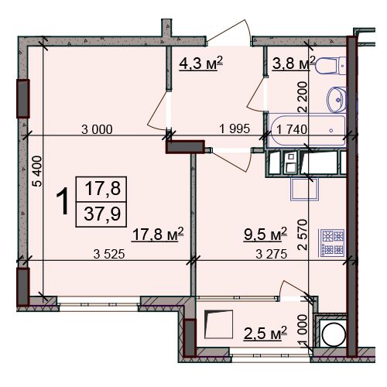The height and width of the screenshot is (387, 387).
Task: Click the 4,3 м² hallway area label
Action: tap(201, 64)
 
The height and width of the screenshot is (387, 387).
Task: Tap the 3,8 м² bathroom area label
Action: tap(294, 63)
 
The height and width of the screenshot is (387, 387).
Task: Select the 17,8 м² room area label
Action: tap(158, 235)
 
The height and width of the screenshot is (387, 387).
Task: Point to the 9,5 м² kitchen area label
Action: tap(265, 234)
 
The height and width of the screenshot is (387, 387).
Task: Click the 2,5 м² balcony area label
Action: tap(265, 333)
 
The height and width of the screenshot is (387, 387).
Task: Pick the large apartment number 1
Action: tap(63, 201)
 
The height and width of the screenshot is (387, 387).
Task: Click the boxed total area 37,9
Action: tap(102, 214)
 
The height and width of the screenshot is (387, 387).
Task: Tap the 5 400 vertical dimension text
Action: tap(37, 171)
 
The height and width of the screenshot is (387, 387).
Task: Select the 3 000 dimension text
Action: tap(97, 129)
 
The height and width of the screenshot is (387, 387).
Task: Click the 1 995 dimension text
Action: tap(235, 128)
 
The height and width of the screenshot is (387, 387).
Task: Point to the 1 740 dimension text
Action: tap(292, 129)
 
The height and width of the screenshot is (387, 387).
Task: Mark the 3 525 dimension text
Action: tap(109, 255)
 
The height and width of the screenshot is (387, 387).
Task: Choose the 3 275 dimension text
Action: tap(272, 255)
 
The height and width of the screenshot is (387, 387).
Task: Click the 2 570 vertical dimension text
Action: tap(303, 235)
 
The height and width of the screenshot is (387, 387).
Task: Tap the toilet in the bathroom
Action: tap(331, 66)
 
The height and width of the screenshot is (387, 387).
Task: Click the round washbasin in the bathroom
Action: tap(337, 100)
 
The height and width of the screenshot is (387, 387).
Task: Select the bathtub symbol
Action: tap(307, 131)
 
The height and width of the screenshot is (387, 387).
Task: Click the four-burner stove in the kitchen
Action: tap(332, 243)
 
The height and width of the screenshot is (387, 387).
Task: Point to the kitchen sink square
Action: tap(304, 189)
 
